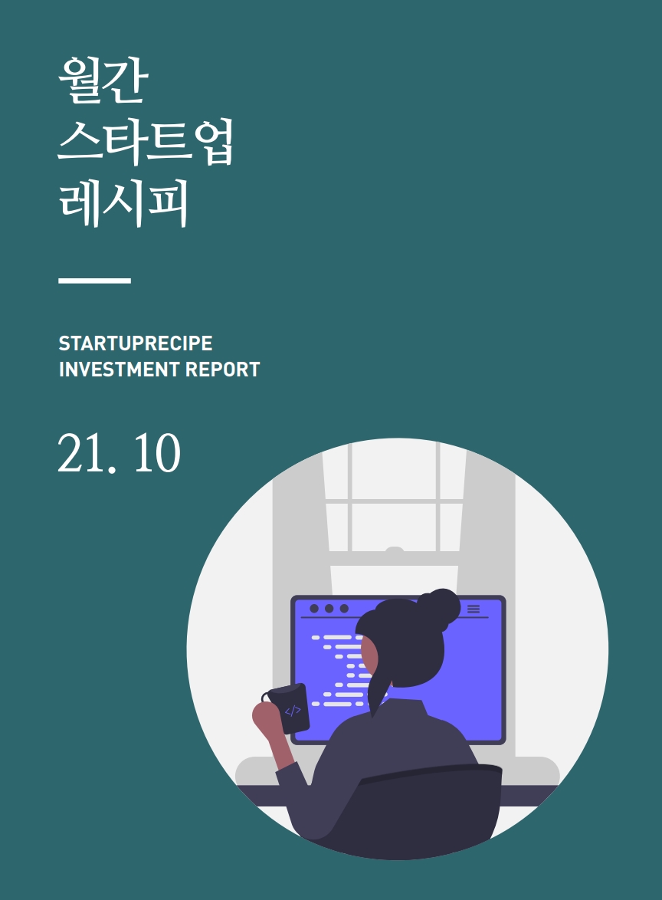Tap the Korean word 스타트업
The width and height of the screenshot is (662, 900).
146,141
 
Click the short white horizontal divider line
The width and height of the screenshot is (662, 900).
95,281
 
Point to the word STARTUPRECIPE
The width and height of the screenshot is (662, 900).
136,343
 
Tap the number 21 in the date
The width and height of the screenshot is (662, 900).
81,453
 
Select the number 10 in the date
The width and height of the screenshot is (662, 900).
157,453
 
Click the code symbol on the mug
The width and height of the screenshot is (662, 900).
293,711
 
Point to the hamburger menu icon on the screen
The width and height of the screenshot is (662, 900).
474,609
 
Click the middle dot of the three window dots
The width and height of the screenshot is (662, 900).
329,609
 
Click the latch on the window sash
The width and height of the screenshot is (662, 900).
394,550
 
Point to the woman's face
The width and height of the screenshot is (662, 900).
369,656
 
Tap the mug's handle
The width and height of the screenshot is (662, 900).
266,697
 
